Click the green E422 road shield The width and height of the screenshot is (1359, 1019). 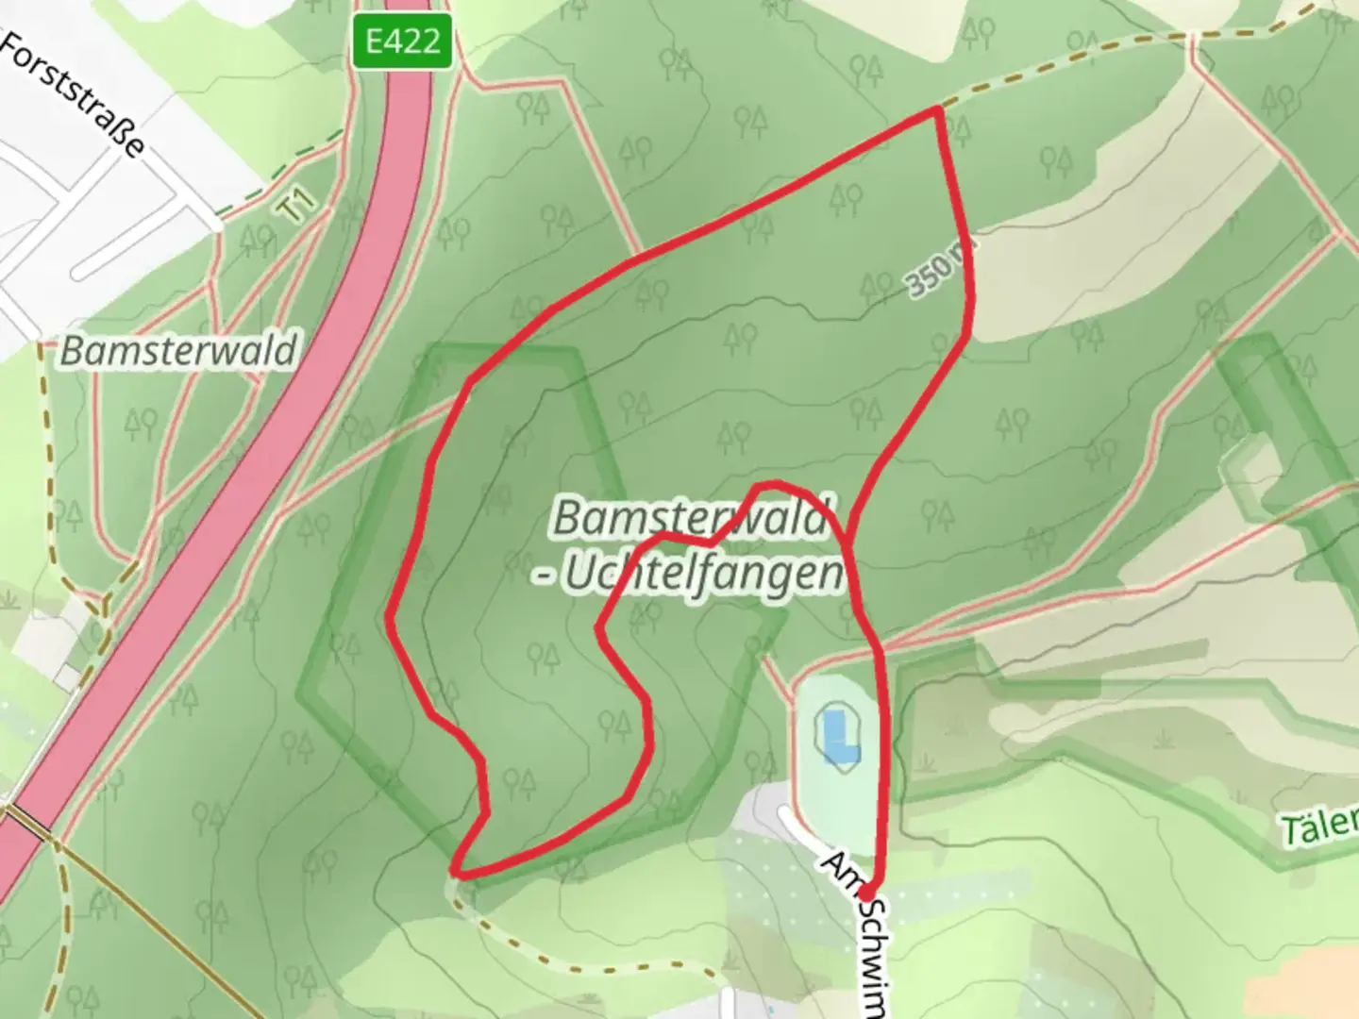pos(403,42)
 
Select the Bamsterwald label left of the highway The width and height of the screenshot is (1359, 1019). pos(177,351)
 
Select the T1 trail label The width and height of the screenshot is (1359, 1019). pos(297,207)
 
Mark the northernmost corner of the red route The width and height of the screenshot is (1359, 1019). pos(937,110)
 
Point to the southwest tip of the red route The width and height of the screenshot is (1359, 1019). pos(457,872)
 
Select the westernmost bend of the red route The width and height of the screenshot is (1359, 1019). pos(390,616)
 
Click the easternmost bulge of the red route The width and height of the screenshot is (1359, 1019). pos(971,302)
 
